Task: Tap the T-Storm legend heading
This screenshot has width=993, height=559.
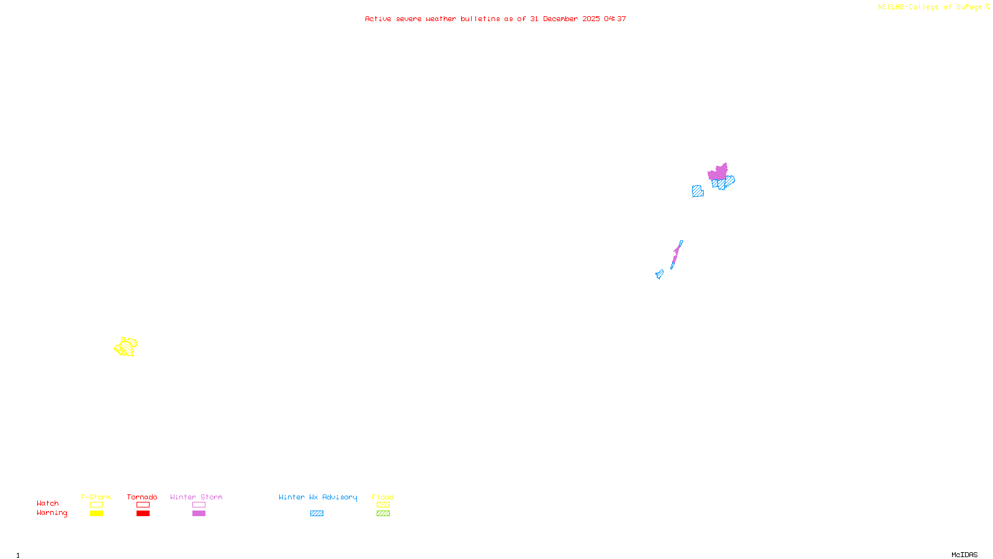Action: (x=96, y=497)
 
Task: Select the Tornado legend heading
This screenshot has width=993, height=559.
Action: (x=142, y=497)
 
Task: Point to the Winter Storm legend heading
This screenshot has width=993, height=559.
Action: (x=196, y=497)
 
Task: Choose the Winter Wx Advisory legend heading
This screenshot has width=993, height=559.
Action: (x=318, y=497)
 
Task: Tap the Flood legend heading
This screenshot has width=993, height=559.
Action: (x=383, y=497)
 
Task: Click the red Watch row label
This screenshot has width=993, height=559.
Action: (x=48, y=503)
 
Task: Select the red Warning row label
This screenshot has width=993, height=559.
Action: (x=52, y=513)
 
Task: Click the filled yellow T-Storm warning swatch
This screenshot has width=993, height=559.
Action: (x=96, y=514)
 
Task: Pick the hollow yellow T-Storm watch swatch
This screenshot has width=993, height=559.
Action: (x=96, y=505)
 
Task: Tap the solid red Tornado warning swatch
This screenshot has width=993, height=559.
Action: (x=143, y=514)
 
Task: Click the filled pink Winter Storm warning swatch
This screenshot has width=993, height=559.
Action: (x=199, y=514)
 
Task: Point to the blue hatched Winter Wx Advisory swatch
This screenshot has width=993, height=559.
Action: (x=317, y=514)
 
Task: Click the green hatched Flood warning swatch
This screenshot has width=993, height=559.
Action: (x=383, y=514)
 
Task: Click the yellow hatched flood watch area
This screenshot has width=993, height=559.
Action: (x=126, y=347)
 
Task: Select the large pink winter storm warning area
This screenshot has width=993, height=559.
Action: (x=718, y=172)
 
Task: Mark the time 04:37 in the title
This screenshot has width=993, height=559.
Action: (x=615, y=19)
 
